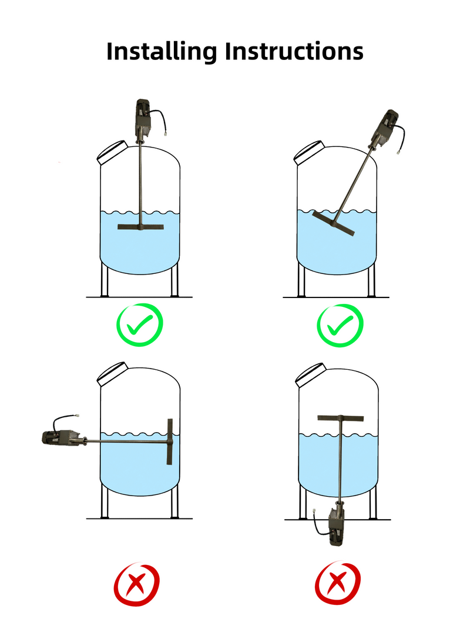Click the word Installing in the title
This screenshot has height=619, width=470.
162,52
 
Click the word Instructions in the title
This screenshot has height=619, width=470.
294,51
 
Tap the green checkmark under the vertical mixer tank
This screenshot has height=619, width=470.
140,324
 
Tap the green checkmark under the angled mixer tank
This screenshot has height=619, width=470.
340,325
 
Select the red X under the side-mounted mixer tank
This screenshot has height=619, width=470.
136,584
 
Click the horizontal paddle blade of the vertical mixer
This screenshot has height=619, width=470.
140,227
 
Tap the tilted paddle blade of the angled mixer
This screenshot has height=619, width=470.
334,223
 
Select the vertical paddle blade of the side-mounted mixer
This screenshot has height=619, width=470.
170,441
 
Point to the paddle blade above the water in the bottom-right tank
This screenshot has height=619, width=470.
341,418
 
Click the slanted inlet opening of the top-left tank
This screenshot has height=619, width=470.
112,153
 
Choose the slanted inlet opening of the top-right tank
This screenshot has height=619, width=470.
309,153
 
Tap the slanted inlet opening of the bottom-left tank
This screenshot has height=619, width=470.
112,374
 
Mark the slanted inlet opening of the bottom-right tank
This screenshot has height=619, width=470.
311,375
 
